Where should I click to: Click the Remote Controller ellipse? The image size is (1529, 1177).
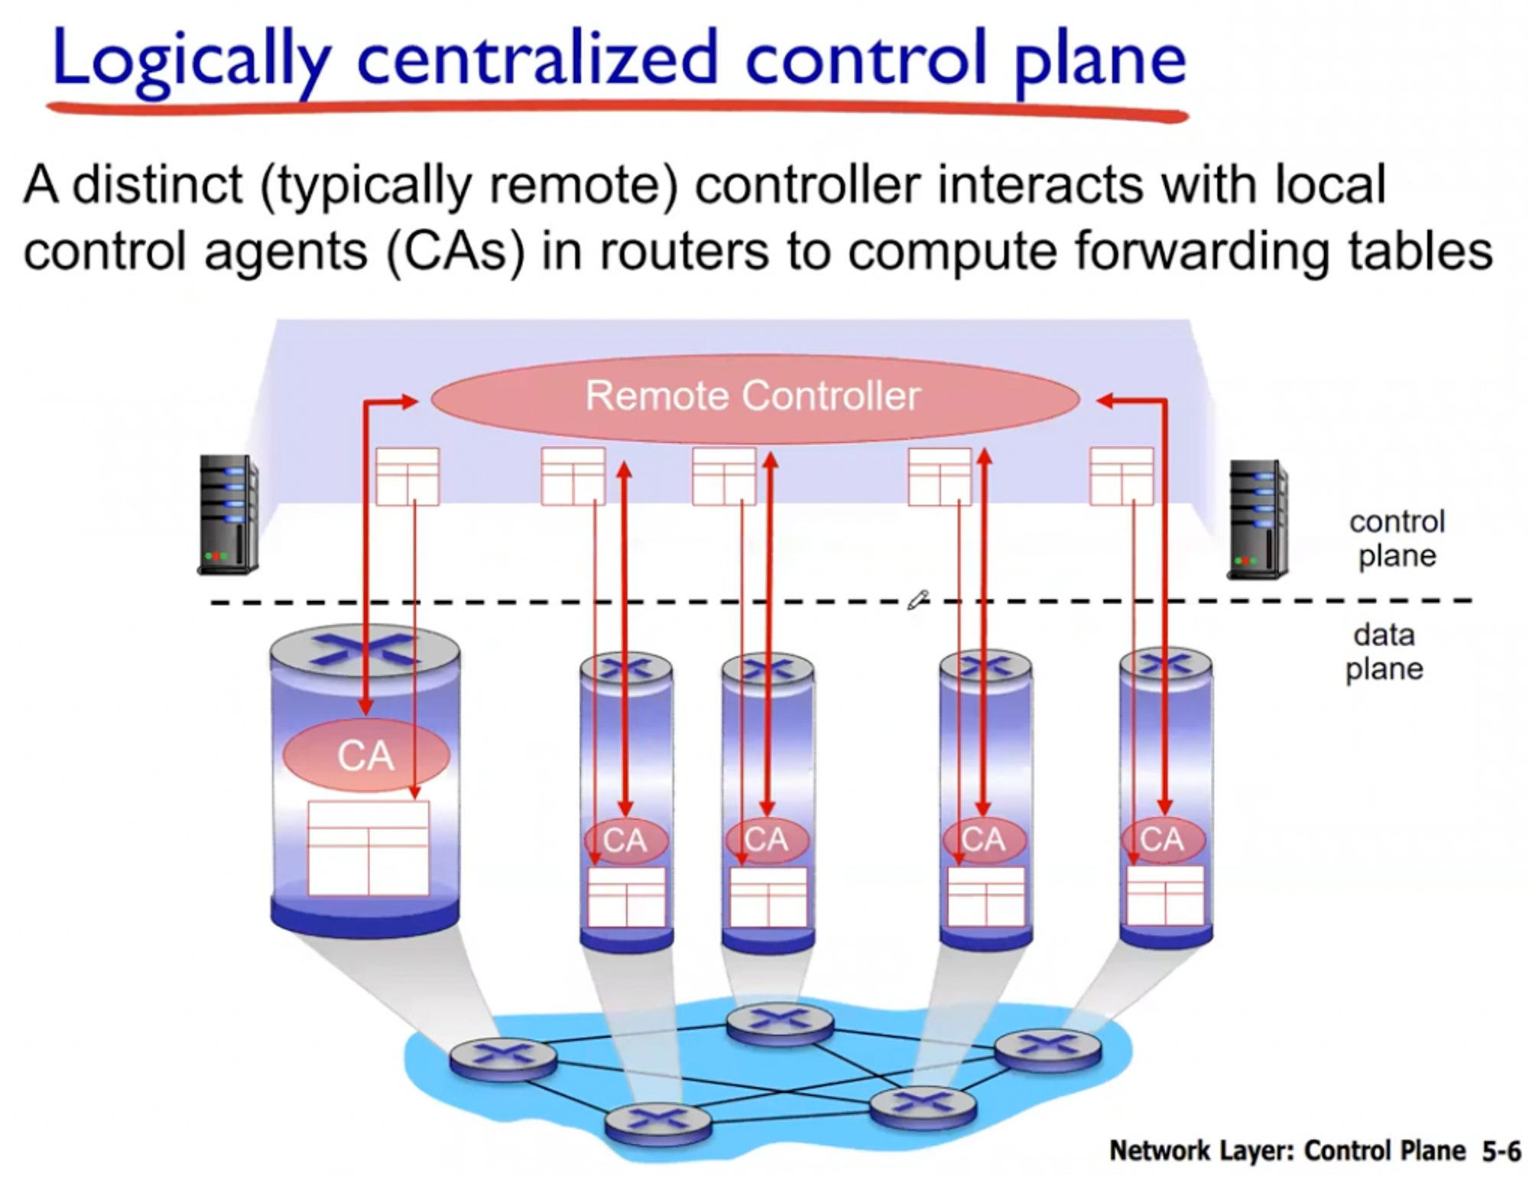(755, 397)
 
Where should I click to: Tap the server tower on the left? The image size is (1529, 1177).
(228, 514)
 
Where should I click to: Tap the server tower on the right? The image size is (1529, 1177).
(1257, 519)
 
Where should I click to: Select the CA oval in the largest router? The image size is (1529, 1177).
(365, 756)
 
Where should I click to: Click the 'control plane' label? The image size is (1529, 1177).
(1397, 538)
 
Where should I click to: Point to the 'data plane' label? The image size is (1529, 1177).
(1384, 652)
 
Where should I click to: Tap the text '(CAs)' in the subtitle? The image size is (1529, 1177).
(456, 250)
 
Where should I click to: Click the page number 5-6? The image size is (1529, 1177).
(1501, 1150)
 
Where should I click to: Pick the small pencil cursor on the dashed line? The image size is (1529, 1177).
(917, 600)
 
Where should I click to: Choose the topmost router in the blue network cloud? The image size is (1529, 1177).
(779, 1022)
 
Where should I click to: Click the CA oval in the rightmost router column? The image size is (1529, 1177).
(1162, 840)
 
